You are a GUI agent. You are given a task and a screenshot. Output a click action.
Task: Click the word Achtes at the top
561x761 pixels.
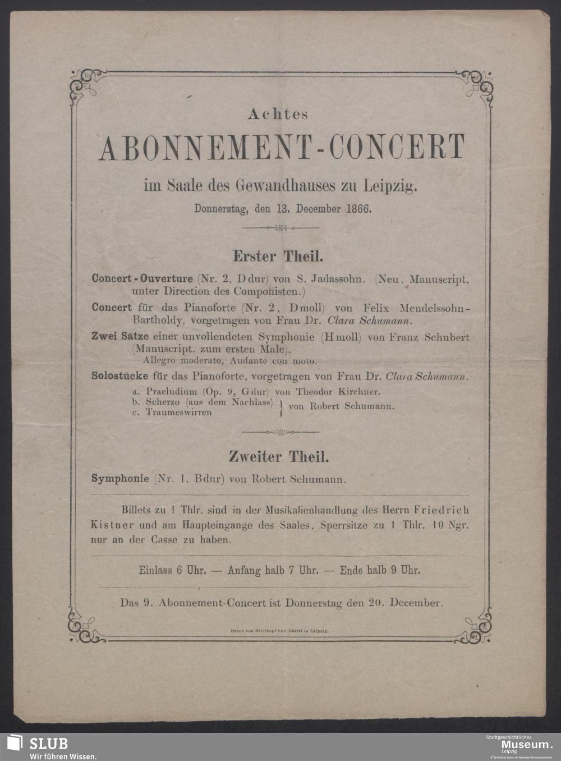click(x=278, y=114)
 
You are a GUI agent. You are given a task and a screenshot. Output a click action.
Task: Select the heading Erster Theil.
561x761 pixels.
click(x=278, y=257)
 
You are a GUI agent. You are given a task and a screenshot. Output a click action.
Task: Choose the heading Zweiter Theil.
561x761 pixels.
click(x=278, y=457)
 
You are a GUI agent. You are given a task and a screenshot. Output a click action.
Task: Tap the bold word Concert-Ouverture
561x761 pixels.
click(x=142, y=278)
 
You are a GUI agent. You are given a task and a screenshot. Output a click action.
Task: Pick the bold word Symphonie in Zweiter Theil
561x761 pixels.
click(x=120, y=479)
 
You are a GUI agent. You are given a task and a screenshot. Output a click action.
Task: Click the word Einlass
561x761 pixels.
click(x=155, y=570)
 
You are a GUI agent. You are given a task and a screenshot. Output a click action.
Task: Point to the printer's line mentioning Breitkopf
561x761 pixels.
click(x=279, y=631)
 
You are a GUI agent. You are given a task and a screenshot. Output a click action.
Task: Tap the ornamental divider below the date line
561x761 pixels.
click(x=280, y=228)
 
